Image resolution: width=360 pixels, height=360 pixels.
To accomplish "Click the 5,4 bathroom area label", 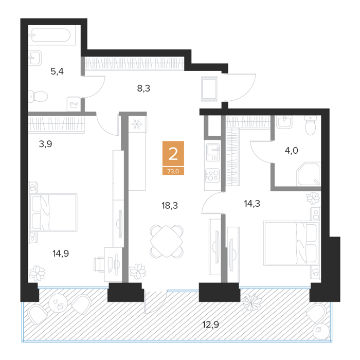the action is pyautogui.click(x=57, y=71).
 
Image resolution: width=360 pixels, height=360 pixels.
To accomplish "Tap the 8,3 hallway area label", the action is pyautogui.click(x=143, y=88).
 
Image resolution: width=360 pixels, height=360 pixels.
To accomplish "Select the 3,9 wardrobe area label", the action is pyautogui.click(x=45, y=144).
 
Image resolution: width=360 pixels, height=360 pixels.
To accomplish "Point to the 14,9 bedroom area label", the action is pyautogui.click(x=61, y=254).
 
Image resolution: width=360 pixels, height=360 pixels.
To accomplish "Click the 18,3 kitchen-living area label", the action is pyautogui.click(x=170, y=206).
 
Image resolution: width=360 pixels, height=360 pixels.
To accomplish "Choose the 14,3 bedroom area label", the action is pyautogui.click(x=252, y=204).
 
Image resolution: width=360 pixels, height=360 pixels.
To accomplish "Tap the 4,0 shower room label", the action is pyautogui.click(x=292, y=151).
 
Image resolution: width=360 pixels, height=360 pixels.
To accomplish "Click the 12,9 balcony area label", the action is pyautogui.click(x=210, y=325).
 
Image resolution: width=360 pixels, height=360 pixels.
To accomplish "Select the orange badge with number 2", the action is pyautogui.click(x=173, y=153).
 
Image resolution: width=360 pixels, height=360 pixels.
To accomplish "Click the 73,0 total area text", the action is pyautogui.click(x=173, y=171).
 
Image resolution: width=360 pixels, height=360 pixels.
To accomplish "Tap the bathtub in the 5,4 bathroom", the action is pyautogui.click(x=52, y=35).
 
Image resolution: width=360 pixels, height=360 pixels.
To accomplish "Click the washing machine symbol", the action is pyautogui.click(x=74, y=104).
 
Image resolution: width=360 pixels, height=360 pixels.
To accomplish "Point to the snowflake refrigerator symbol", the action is pyautogui.click(x=137, y=124).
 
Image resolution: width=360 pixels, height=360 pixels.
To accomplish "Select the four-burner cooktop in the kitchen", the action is pyautogui.click(x=212, y=176).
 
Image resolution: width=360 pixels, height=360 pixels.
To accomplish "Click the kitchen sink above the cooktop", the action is pyautogui.click(x=213, y=152).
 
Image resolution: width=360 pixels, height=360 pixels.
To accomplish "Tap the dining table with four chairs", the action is pyautogui.click(x=167, y=241).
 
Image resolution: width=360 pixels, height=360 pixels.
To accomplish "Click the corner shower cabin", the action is pyautogui.click(x=309, y=174).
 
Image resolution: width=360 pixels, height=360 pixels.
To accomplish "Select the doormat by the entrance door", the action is pyautogui.click(x=209, y=88).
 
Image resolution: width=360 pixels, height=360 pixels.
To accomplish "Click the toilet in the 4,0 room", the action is pyautogui.click(x=310, y=125).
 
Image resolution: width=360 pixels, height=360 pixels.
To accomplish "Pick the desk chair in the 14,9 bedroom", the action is pyautogui.click(x=99, y=265).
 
